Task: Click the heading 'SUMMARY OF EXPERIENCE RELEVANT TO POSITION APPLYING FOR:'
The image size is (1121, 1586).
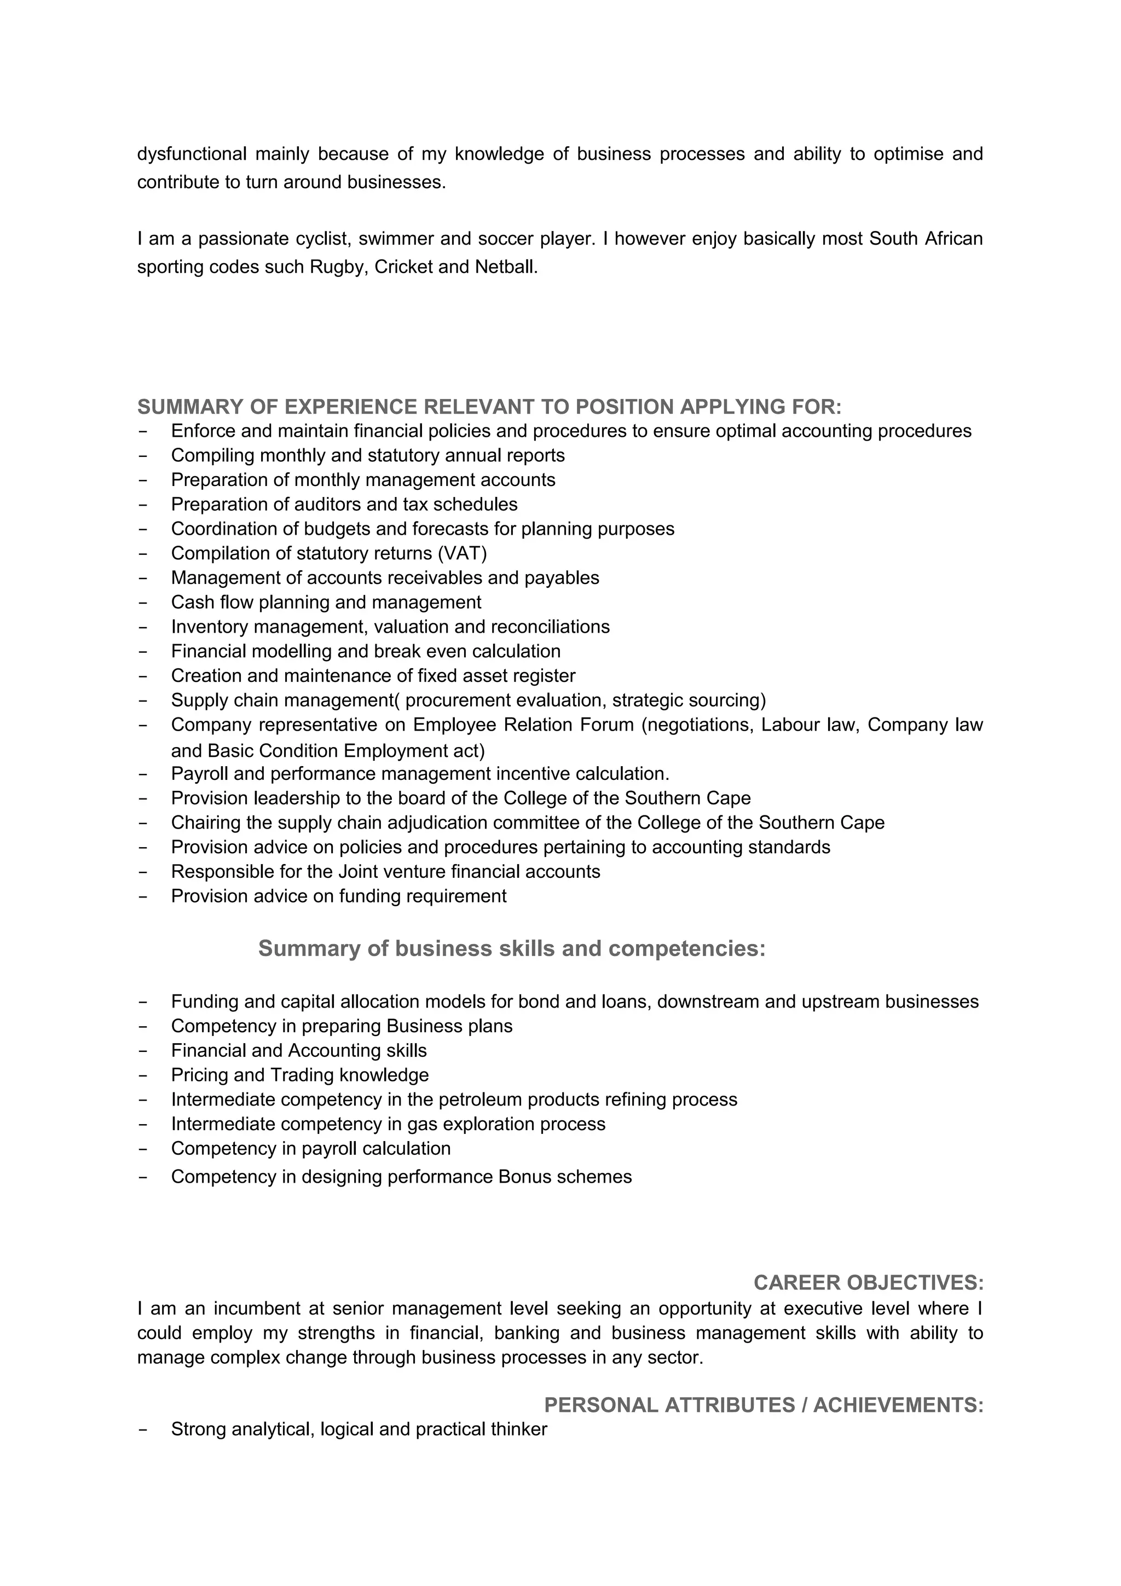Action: tap(489, 407)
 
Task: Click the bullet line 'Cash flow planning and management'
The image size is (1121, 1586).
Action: tap(326, 603)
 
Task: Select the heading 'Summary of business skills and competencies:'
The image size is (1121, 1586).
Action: tap(512, 949)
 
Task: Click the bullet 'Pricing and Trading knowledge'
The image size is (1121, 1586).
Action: tap(300, 1075)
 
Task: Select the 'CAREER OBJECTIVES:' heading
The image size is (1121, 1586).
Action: tap(868, 1283)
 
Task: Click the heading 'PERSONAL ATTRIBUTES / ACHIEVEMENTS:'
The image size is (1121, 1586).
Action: tap(763, 1406)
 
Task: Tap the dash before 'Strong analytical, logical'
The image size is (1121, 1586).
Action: tap(143, 1430)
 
